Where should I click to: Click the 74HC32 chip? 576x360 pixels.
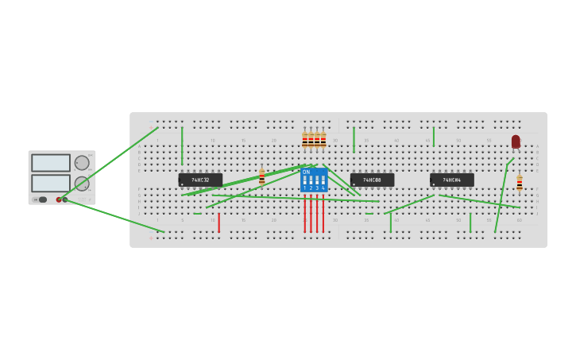coord(200,180)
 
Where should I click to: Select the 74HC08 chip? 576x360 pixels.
coord(372,180)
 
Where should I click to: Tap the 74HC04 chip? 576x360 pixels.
coord(451,180)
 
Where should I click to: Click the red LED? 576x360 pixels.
coord(516,141)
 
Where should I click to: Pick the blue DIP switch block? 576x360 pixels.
coord(314,180)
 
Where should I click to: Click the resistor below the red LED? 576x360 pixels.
coord(520,183)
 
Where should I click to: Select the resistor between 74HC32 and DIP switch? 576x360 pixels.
coord(261,176)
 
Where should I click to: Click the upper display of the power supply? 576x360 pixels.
coord(51,163)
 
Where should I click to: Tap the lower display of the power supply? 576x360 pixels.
coord(51,183)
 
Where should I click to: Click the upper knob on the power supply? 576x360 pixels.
coord(82,163)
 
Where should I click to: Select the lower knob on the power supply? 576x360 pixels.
coord(82,184)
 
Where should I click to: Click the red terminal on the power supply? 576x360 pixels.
coord(59,199)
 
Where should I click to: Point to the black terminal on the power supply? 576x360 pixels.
coord(65,199)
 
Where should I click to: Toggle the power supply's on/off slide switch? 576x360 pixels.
coord(41,199)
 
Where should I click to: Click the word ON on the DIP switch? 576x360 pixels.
coord(307,172)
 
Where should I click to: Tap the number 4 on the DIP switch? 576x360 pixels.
coord(323,188)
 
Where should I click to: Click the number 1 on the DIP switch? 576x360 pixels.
coord(304,188)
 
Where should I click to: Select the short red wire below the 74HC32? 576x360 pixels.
coord(218,223)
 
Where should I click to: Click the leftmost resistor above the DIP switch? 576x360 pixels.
coord(304,141)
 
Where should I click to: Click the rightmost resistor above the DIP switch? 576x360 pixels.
coord(323,141)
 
